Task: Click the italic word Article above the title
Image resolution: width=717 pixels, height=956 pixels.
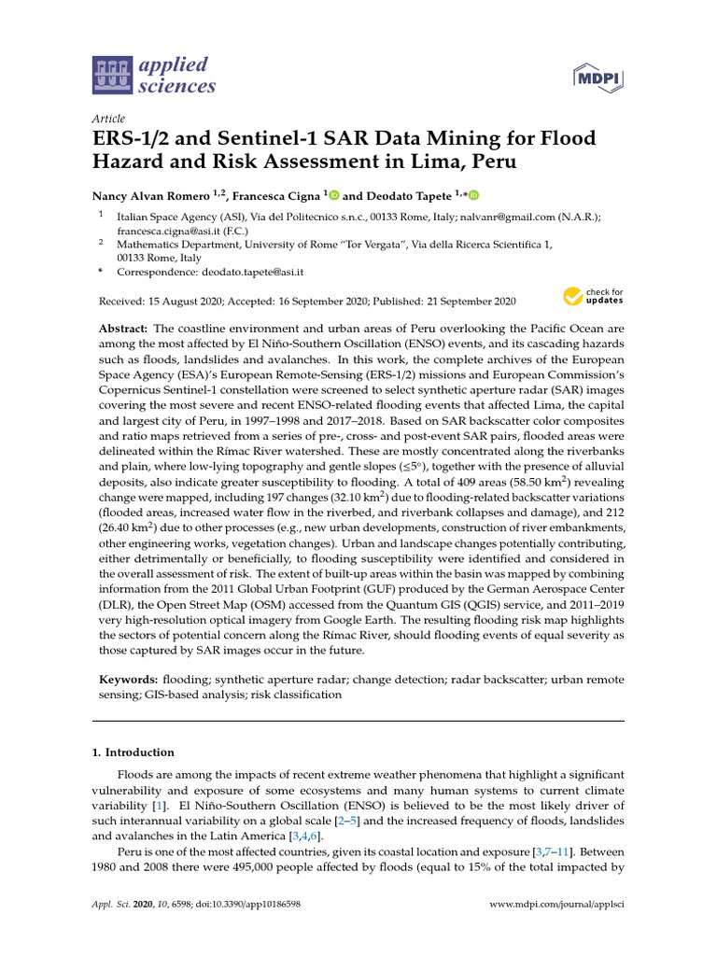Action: [x=109, y=119]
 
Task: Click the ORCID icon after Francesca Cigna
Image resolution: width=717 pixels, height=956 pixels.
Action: [x=334, y=195]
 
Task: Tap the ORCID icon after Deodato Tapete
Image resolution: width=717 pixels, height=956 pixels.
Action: [x=473, y=195]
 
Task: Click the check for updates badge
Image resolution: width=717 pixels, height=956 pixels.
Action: [x=593, y=297]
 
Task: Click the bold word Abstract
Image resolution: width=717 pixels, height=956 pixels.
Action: [x=124, y=330]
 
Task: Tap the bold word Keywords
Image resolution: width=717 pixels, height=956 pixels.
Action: [x=129, y=679]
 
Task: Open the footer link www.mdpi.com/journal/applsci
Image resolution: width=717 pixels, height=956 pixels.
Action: [x=556, y=906]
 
